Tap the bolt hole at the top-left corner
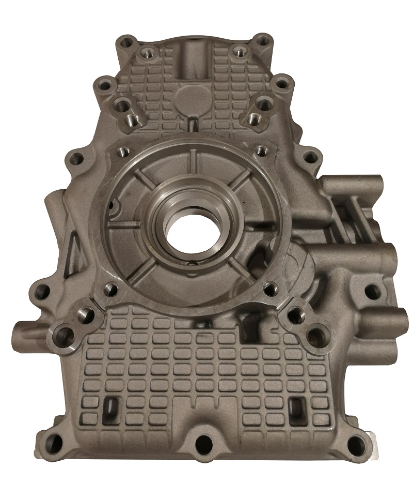coord(123,43)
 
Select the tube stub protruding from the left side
coord(23,328)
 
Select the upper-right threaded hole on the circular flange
coord(261,150)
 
